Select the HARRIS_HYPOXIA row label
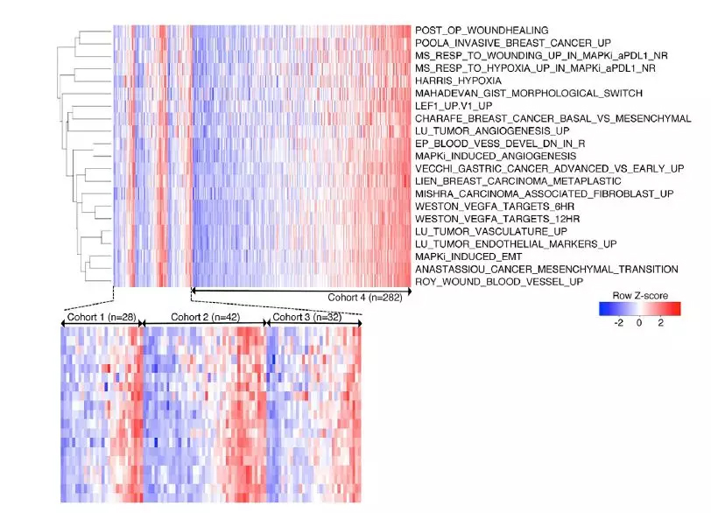(x=453, y=81)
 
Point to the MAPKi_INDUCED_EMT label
(x=462, y=256)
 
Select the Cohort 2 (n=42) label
(x=204, y=317)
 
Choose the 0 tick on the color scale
(x=639, y=324)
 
